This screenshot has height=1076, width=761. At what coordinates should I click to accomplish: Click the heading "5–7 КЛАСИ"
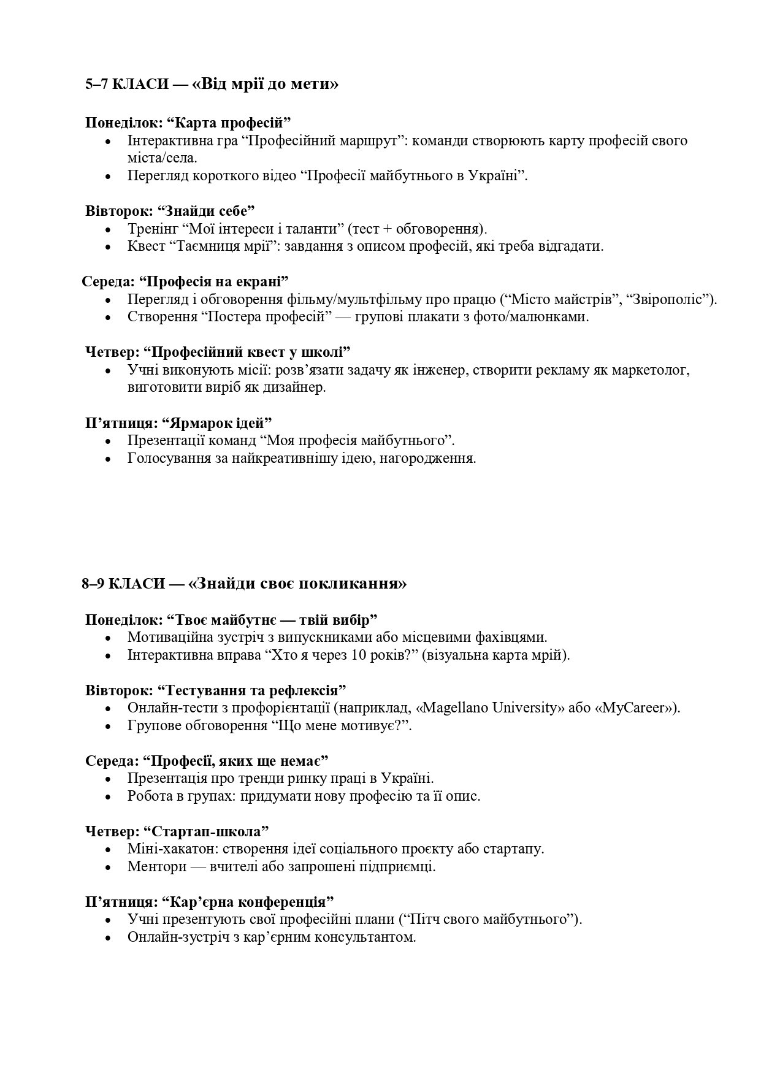(x=126, y=84)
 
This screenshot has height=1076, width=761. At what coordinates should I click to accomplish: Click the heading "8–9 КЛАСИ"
(x=122, y=583)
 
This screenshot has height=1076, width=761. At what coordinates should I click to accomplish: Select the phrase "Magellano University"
(x=494, y=708)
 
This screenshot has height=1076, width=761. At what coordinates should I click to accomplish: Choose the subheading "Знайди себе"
(x=206, y=211)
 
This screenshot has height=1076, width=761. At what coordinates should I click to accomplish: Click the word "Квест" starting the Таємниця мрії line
(x=145, y=246)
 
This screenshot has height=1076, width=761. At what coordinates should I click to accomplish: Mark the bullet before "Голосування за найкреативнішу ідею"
(x=109, y=459)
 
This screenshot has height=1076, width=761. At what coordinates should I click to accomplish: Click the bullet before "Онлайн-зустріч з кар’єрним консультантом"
(x=109, y=938)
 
